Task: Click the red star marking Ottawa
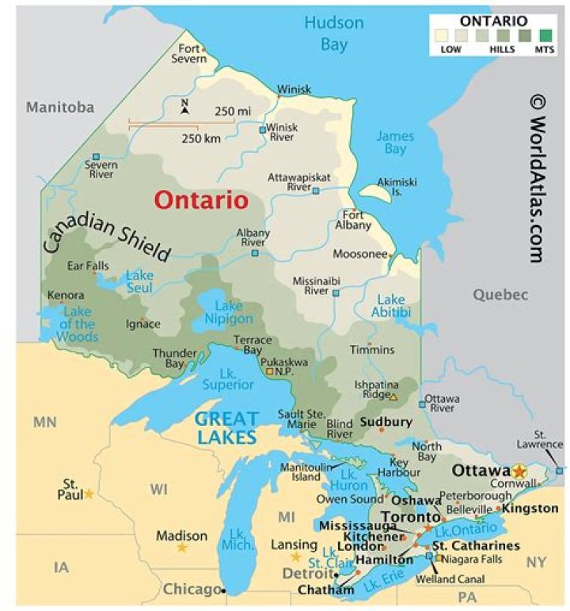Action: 519,471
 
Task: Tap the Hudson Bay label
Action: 334,33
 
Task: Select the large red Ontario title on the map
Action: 201,200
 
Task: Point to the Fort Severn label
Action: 189,54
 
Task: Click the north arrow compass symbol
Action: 184,106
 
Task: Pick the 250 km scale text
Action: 201,138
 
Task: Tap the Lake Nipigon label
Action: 229,313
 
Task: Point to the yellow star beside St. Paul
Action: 89,494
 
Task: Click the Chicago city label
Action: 192,589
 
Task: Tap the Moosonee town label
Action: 360,254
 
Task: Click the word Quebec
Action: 500,294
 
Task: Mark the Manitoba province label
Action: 60,107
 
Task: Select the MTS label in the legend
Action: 545,50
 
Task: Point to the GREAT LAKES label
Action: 227,428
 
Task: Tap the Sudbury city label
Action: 386,422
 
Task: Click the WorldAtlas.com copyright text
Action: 537,178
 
